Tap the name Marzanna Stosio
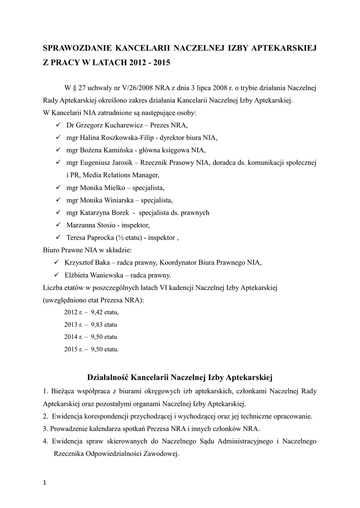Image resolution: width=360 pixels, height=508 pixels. click(x=89, y=225)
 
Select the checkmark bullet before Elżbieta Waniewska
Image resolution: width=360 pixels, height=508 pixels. click(x=56, y=275)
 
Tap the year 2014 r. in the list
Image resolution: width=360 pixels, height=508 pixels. click(x=73, y=336)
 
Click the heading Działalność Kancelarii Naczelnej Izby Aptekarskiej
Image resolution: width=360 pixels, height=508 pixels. click(x=180, y=371)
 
